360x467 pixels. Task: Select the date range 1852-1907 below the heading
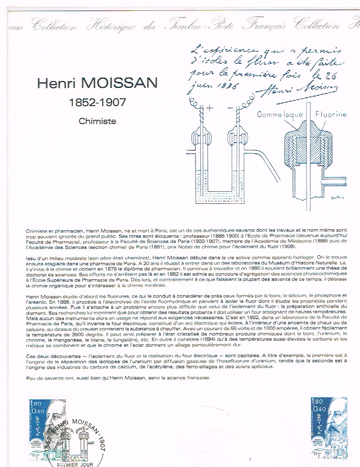tap(98, 103)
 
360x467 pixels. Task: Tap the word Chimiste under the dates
tap(97, 121)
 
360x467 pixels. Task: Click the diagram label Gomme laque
tap(280, 115)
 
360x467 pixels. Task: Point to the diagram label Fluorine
tap(330, 115)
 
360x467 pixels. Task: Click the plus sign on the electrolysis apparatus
tap(210, 109)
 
